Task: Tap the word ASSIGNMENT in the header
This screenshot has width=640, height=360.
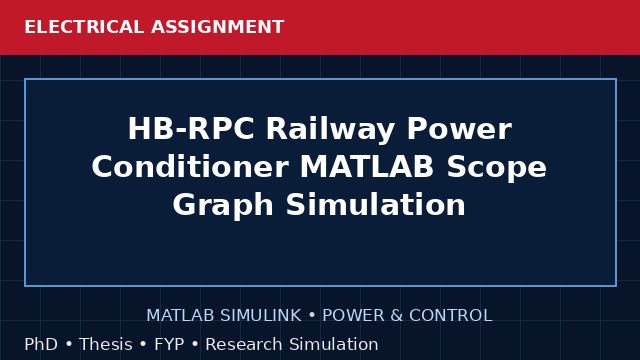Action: coord(218,27)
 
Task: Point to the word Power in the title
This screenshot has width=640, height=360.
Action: coord(459,129)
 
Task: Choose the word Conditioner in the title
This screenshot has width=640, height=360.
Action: coord(190,167)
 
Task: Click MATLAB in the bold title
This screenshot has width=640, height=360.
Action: coord(367,167)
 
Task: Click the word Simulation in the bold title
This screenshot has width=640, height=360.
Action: coord(376,204)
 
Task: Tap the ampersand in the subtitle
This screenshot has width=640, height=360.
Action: coord(397,316)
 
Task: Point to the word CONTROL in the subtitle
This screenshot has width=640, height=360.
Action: coord(451,316)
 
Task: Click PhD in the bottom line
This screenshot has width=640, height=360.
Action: coord(41,344)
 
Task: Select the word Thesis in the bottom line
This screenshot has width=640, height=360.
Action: coord(106,344)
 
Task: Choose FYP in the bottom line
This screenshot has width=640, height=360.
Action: coord(169,344)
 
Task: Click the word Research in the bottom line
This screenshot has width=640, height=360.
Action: coord(244,344)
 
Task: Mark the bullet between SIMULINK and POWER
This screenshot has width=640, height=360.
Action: coord(312,316)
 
